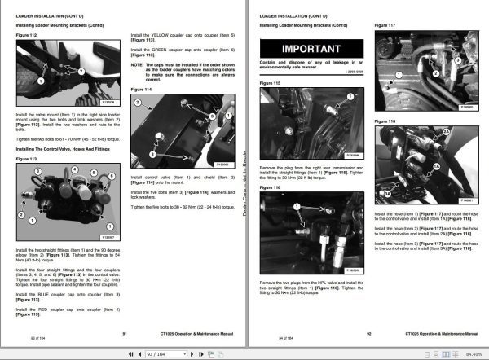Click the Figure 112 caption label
(x=27, y=36)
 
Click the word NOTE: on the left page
(x=138, y=64)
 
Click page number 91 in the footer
(x=124, y=333)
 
